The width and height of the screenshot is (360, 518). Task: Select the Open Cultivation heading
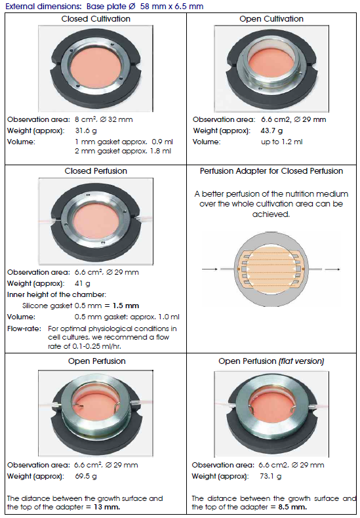[x=271, y=19]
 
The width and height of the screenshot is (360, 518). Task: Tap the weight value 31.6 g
[x=86, y=131]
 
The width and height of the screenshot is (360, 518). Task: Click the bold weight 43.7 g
[x=271, y=131]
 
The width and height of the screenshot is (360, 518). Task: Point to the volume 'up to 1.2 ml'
[x=281, y=142]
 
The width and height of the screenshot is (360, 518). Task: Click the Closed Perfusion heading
[x=96, y=171]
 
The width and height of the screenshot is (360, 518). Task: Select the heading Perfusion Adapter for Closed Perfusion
[x=271, y=171]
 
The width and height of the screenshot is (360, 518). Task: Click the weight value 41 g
[x=83, y=283]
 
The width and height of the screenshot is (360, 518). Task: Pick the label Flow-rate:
[x=24, y=329]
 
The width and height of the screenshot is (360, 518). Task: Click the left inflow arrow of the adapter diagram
[x=210, y=269]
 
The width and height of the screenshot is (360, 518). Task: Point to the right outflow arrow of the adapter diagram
[x=332, y=269]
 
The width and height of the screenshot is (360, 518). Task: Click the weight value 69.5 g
[x=86, y=477]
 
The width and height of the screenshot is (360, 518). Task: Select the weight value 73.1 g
[x=271, y=477]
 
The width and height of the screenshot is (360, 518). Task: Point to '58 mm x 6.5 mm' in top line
[x=172, y=7]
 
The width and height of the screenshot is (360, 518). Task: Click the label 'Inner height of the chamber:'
[x=56, y=294]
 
